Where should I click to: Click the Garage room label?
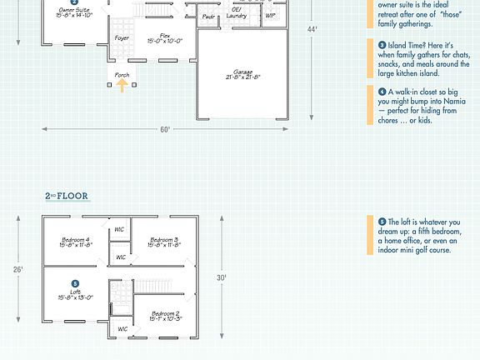(242, 73)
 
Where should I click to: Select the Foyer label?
(122, 38)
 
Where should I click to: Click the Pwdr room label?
(208, 16)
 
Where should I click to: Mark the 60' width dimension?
(166, 129)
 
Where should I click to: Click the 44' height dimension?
(312, 29)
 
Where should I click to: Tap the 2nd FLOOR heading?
(67, 197)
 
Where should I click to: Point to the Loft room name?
(75, 292)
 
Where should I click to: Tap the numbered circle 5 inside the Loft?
(75, 283)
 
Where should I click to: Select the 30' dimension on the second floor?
(222, 277)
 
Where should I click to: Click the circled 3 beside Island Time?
(382, 45)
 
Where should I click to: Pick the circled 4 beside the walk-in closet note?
(382, 92)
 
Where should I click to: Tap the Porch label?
(122, 75)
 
